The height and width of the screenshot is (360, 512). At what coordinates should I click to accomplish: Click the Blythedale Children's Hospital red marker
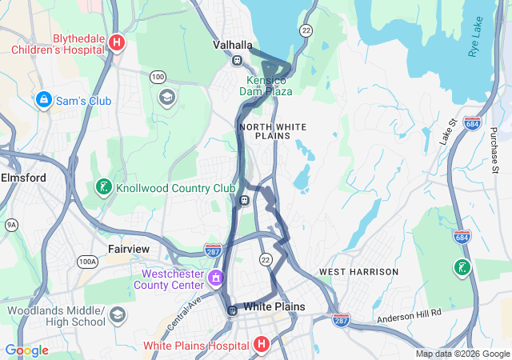(x=117, y=42)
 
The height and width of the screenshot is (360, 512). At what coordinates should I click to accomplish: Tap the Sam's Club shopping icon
(x=44, y=100)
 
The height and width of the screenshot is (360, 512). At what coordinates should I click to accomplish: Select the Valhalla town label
(x=233, y=45)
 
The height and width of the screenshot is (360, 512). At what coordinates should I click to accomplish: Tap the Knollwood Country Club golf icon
(x=103, y=187)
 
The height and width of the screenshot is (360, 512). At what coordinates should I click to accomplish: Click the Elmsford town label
(x=23, y=177)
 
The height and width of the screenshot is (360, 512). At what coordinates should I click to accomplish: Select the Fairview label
(x=129, y=249)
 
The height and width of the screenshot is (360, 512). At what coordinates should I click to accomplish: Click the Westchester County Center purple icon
(x=215, y=278)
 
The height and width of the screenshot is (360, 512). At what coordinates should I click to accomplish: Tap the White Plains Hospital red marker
(x=261, y=345)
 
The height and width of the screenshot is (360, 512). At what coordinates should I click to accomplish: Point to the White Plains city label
(x=274, y=306)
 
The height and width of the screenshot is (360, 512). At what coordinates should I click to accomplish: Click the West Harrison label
(x=358, y=272)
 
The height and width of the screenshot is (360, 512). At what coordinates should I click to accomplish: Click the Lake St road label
(x=446, y=132)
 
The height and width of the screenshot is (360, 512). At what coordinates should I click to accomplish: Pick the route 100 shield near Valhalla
(x=158, y=76)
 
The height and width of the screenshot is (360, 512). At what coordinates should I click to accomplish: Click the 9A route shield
(x=11, y=226)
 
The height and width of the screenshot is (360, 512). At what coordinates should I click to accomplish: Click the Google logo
(x=26, y=350)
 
